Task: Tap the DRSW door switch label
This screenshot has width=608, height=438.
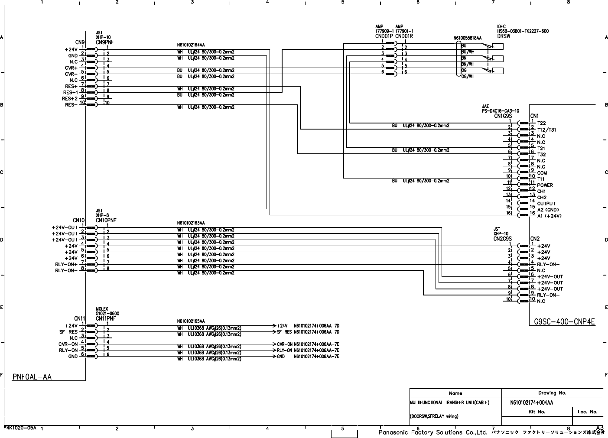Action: point(504,36)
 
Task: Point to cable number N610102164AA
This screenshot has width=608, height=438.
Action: point(191,45)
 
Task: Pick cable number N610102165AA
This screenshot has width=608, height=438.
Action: point(191,321)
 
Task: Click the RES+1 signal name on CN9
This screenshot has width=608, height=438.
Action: point(70,92)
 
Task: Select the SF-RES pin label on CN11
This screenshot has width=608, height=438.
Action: point(68,332)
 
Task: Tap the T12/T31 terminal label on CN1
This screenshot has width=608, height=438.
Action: point(546,130)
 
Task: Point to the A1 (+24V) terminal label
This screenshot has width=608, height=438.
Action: point(549,216)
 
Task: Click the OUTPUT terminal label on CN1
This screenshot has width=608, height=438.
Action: point(546,204)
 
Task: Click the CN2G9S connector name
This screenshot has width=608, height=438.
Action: point(502,239)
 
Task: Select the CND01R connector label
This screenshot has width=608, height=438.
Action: point(404,36)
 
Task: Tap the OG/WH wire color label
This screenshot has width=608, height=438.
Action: point(468,77)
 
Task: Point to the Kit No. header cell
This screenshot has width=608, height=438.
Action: point(537,412)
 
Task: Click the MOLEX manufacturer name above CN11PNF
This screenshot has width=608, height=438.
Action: point(101,309)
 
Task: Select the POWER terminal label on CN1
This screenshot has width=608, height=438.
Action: point(545,185)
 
